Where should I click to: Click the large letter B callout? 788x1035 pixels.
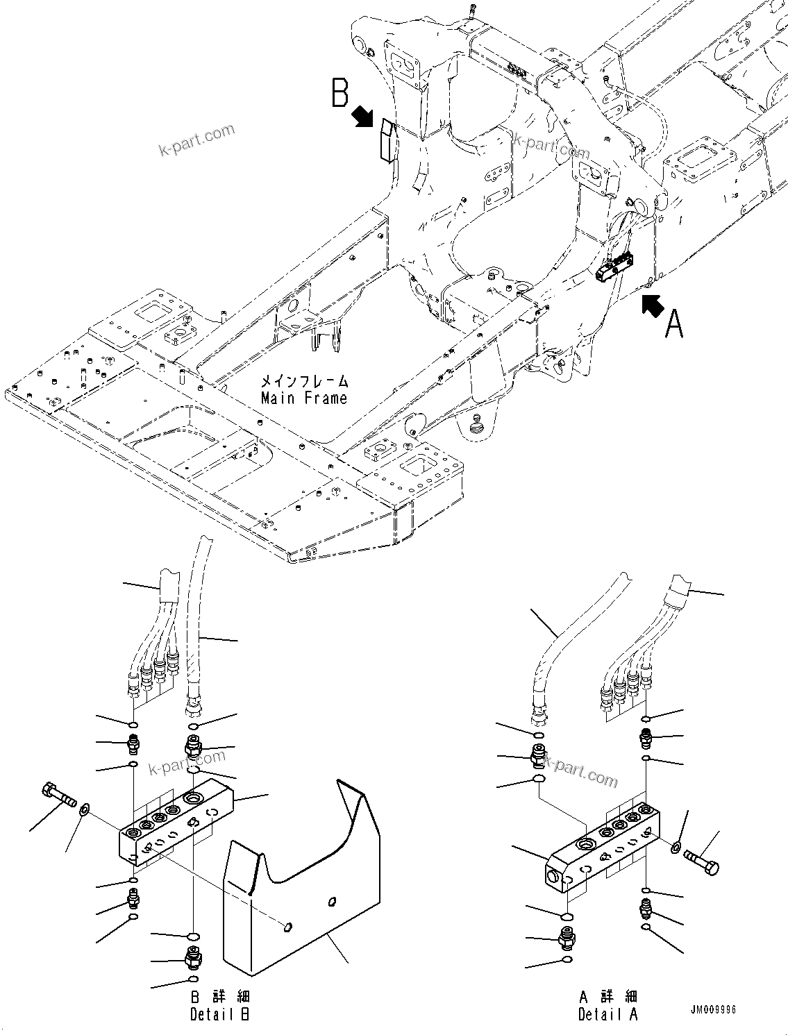[339, 92]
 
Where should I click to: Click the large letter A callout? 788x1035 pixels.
[673, 324]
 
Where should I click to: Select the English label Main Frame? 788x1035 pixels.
[303, 398]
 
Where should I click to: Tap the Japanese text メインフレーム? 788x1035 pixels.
[303, 381]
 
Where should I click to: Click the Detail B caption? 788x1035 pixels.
[219, 1014]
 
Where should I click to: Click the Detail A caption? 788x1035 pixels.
[607, 1014]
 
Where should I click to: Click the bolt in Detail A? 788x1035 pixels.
[701, 861]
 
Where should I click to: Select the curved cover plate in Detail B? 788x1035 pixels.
[302, 882]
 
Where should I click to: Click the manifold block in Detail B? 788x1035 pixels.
[177, 826]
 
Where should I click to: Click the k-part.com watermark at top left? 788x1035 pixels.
[197, 140]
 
